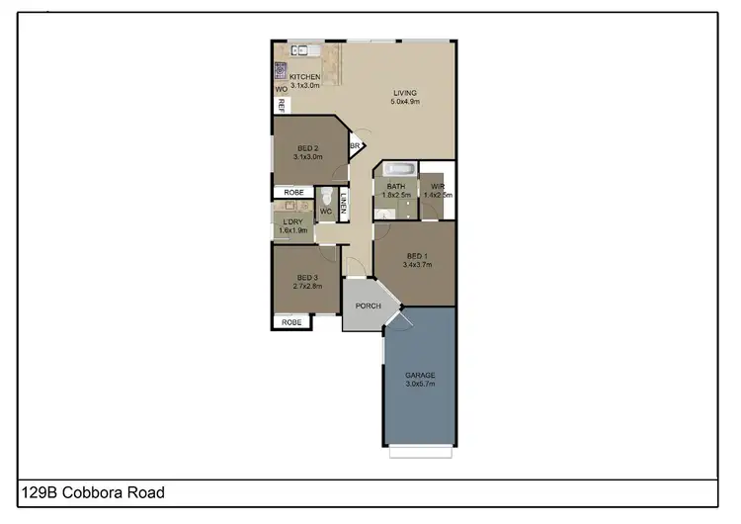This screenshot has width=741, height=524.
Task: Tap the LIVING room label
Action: tap(406, 94)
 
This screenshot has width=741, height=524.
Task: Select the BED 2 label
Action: tap(309, 147)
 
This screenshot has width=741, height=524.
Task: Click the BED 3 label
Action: tap(307, 277)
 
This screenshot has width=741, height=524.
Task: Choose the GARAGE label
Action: tap(420, 375)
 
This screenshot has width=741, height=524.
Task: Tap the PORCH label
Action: tap(369, 306)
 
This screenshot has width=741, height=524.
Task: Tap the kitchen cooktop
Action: tap(281, 71)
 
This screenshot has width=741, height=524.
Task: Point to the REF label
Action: tap(282, 104)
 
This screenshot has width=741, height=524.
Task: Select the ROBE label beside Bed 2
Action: tap(293, 192)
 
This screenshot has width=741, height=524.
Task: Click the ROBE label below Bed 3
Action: tap(291, 322)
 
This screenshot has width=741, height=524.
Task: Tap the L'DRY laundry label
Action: tap(292, 221)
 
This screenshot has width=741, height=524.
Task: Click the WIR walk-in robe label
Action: tap(436, 186)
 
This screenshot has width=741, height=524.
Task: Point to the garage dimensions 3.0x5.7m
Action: tap(420, 384)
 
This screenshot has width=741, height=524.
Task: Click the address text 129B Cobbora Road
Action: tap(93, 491)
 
